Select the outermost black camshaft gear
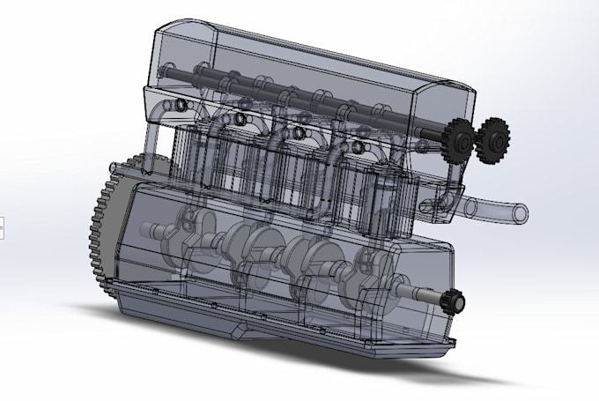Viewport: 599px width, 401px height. click(494, 139)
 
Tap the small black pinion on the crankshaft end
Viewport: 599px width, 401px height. click(455, 302)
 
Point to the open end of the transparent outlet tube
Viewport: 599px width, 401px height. click(521, 212)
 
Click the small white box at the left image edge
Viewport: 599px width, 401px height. click(2, 227)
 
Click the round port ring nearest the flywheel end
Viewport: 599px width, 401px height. click(181, 106)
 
